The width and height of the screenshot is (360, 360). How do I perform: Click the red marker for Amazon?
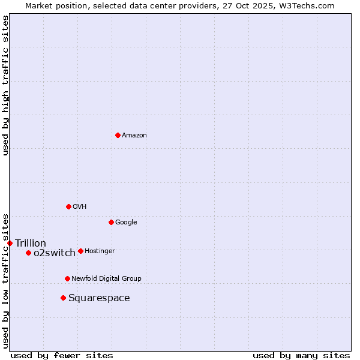tap(118, 135)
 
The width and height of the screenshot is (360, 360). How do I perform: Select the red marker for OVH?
tap(68, 206)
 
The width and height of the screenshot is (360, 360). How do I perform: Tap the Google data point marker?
tap(111, 222)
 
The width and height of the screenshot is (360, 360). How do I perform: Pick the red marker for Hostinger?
tap(80, 251)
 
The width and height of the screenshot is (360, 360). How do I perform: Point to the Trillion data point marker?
tap(10, 243)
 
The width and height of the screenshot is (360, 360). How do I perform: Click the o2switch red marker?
tap(28, 253)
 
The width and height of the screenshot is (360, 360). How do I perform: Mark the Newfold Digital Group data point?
tap(67, 278)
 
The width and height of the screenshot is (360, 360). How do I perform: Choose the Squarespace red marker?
tap(63, 298)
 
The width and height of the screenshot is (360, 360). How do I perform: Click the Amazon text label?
tap(134, 136)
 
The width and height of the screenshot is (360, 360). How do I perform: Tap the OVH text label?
tap(80, 207)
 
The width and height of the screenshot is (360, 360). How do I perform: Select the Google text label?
tap(126, 223)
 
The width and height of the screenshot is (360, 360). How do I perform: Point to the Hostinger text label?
tap(100, 251)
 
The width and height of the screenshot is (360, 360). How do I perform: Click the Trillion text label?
tap(31, 243)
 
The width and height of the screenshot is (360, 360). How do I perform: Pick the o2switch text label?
tap(55, 253)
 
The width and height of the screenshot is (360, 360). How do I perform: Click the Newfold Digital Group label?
tap(106, 279)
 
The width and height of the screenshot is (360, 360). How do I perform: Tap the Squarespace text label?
tap(99, 298)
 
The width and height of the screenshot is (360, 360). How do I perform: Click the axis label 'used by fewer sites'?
tap(62, 355)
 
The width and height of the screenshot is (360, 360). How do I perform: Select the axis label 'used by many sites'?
tap(301, 355)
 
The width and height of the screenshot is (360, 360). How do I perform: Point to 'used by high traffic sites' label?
tap(5, 85)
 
